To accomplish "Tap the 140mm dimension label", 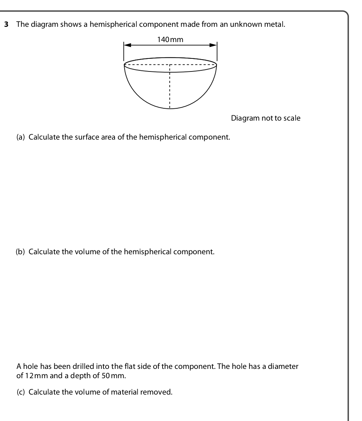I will (x=170, y=39).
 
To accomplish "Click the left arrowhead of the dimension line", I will (x=127, y=45).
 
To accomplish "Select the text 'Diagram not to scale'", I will (x=266, y=118).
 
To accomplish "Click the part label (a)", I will (x=21, y=137).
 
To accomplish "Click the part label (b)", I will (x=21, y=252).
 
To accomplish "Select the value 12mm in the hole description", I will (x=35, y=375).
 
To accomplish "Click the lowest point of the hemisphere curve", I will (x=170, y=109).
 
